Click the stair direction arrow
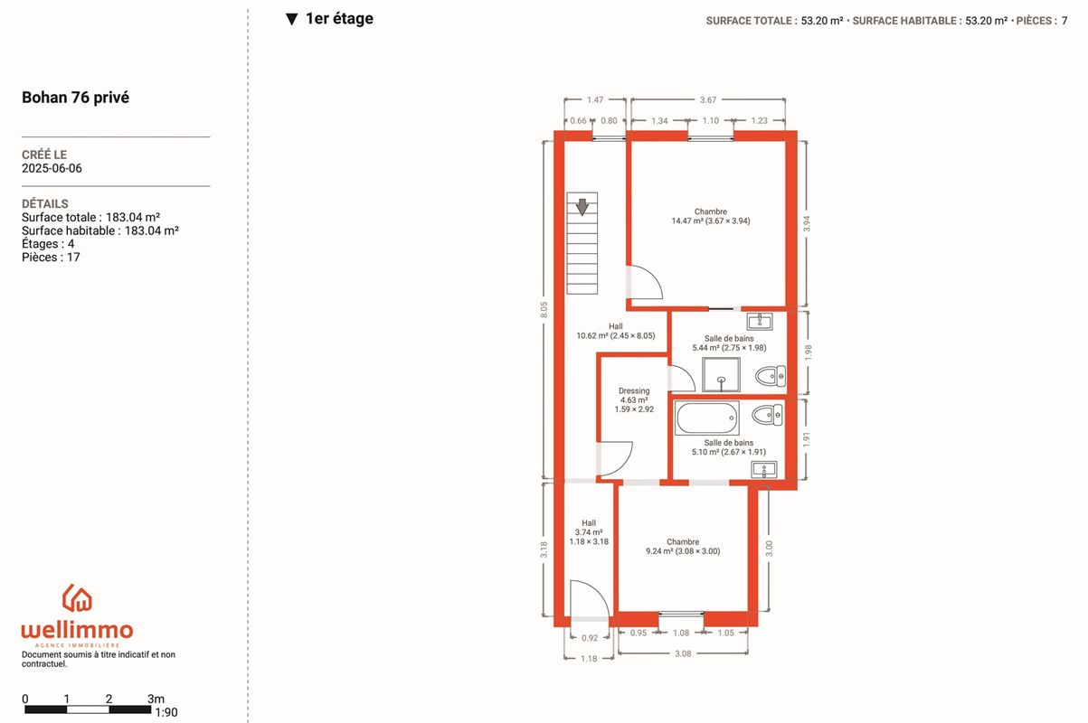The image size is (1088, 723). point(582,207)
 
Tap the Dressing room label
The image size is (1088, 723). point(634,399)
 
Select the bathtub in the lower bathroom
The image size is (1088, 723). point(706,418)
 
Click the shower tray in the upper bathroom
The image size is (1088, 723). point(722,374)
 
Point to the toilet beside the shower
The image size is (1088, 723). point(770,376)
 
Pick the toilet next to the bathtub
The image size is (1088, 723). point(767,415)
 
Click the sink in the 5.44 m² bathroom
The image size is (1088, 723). point(760,321)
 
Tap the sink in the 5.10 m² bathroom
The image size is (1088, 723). point(764,470)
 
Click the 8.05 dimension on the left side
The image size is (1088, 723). point(544,310)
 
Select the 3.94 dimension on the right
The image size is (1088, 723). point(807,223)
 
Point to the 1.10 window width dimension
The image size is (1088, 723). point(711,120)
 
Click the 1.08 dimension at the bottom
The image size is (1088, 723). point(681,633)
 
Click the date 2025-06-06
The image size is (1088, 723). point(52,168)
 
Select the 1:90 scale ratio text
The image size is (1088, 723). point(166,712)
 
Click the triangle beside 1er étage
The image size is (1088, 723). point(291,19)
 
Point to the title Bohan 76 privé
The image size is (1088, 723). point(75,98)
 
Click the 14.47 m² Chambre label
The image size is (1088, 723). point(711,216)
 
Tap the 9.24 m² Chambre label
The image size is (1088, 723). point(683,547)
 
